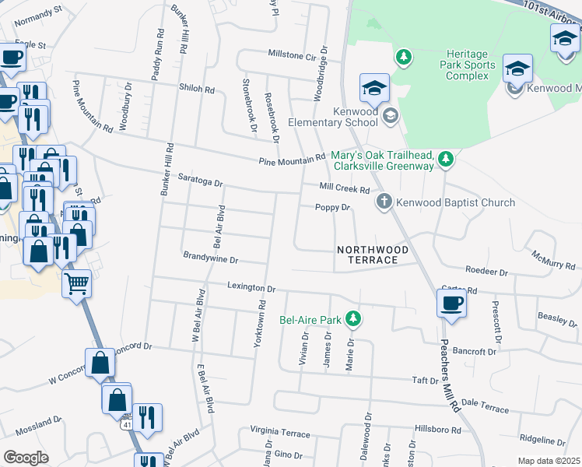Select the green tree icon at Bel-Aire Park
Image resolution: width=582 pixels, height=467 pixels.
[x=353, y=318]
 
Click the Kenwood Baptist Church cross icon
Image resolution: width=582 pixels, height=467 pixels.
[x=384, y=202]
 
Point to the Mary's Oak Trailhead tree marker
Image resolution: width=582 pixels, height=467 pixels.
[x=445, y=160]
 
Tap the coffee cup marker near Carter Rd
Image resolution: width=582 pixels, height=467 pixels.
[x=451, y=304]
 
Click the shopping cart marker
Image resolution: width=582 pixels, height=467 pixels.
[x=77, y=284]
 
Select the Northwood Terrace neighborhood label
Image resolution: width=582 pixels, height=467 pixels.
[x=373, y=255]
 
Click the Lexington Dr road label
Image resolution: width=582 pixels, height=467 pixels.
[x=251, y=287]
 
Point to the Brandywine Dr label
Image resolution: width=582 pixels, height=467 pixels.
[x=210, y=256]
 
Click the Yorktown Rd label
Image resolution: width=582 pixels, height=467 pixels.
[x=261, y=318]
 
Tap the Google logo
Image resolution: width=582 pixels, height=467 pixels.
[x=26, y=458]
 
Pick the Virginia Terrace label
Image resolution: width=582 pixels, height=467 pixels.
[x=279, y=430]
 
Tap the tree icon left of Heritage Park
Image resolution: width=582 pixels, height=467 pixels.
[x=404, y=57]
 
